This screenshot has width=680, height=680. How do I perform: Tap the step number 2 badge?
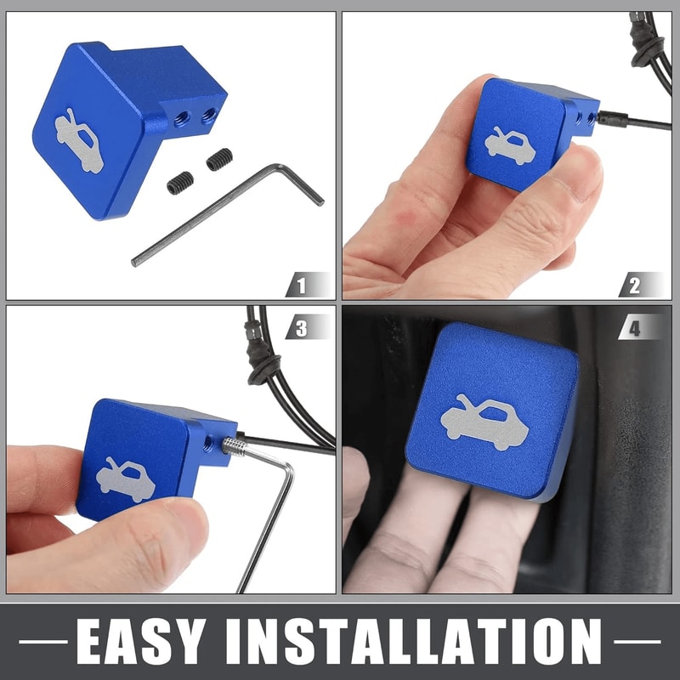[641, 285]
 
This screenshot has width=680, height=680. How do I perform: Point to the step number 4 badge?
[641, 327]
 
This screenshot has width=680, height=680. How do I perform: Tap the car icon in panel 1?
[79, 140]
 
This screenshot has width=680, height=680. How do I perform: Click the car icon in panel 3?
[125, 480]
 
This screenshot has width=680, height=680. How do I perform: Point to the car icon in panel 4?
[484, 422]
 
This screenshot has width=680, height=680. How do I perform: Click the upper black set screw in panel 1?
[219, 159]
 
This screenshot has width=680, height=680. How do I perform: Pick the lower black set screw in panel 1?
[180, 183]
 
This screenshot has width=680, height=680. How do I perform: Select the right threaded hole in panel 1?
[208, 116]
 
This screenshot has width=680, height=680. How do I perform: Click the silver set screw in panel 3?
[235, 446]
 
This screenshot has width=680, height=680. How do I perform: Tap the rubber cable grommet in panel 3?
[261, 355]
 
